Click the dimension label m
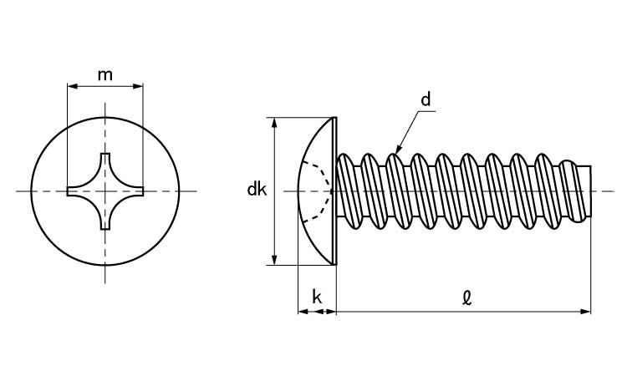[x=105, y=74]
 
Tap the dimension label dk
[x=256, y=191]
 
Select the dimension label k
[x=317, y=297]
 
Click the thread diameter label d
[x=426, y=100]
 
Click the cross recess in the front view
[x=105, y=191]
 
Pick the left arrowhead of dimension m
[x=70, y=85]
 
